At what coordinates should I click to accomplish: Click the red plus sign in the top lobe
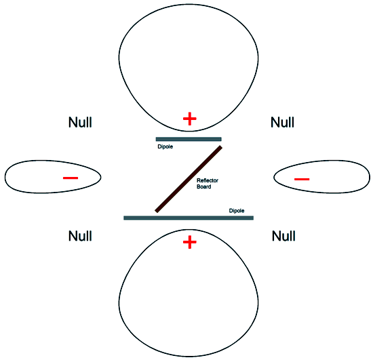pyautogui.click(x=190, y=119)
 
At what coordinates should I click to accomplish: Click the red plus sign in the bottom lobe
pyautogui.click(x=190, y=242)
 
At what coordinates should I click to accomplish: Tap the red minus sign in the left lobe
pyautogui.click(x=71, y=178)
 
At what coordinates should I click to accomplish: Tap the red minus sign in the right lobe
pyautogui.click(x=302, y=179)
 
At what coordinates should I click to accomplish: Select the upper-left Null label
pyautogui.click(x=80, y=122)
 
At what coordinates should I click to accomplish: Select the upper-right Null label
pyautogui.click(x=282, y=122)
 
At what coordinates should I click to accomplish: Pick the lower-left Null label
pyautogui.click(x=80, y=236)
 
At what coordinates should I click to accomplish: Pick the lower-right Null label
pyautogui.click(x=283, y=236)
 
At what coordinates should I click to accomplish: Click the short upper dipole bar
pyautogui.click(x=189, y=139)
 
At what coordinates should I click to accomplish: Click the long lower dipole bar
pyautogui.click(x=189, y=218)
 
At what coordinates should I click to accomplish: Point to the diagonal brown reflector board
pyautogui.click(x=189, y=179)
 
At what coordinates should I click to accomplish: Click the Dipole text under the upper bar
pyautogui.click(x=165, y=146)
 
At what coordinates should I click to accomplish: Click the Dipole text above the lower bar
pyautogui.click(x=237, y=211)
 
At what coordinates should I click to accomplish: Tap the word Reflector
pyautogui.click(x=208, y=180)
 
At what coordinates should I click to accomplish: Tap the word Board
pyautogui.click(x=204, y=186)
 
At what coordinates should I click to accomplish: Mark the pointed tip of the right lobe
pyautogui.click(x=274, y=177)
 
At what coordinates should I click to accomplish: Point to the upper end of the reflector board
pyautogui.click(x=220, y=147)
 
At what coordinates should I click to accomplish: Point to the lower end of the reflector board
pyautogui.click(x=157, y=211)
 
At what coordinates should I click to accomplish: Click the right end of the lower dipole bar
pyautogui.click(x=254, y=218)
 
